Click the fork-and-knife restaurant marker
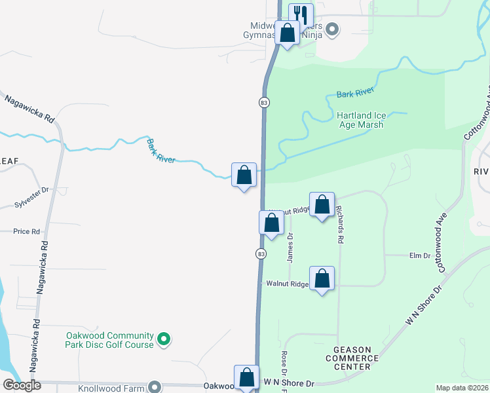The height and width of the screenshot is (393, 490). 301,15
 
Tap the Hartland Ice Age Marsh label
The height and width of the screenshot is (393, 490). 360,120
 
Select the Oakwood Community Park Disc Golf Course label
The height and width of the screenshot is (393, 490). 109,340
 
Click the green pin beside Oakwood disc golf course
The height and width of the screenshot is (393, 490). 165,339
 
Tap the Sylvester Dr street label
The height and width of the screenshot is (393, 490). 31,205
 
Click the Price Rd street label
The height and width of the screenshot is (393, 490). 26,231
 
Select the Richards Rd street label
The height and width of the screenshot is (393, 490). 339,225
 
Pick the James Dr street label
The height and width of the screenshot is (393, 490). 290,248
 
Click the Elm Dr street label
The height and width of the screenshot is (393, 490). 419,255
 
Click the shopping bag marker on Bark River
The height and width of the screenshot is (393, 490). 244,175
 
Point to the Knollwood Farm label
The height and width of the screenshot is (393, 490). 117,388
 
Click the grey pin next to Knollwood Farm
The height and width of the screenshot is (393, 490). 154,387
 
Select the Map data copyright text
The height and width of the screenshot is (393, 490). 461,388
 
